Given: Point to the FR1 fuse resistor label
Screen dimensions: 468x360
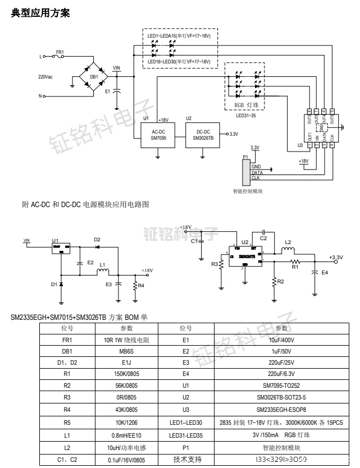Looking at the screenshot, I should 60,52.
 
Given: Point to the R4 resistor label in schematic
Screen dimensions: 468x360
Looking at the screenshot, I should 141,286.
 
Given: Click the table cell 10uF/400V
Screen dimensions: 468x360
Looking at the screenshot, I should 282,340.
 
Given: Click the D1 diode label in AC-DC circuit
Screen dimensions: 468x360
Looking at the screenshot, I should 54,285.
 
